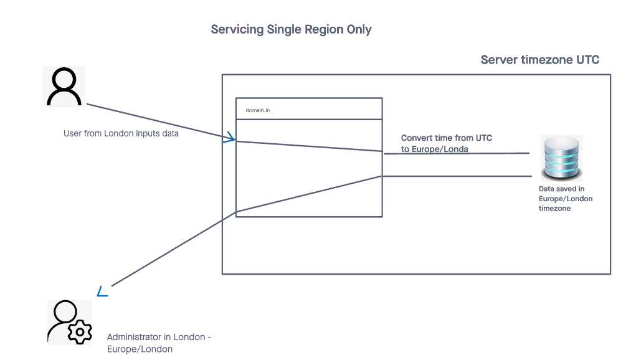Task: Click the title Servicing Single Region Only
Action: pos(291,29)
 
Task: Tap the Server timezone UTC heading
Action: pos(539,60)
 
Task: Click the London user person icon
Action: pos(64,87)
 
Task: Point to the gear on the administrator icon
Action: pos(80,333)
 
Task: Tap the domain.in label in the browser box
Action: pos(258,110)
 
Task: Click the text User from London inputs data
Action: pos(121,133)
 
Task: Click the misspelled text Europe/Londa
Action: pos(440,149)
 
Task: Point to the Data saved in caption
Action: pos(561,188)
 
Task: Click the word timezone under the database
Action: pos(554,209)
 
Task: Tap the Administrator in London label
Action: pos(159,337)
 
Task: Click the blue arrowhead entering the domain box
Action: pos(229,138)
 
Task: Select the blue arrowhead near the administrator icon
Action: pos(103,291)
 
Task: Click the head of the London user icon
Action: pos(64,79)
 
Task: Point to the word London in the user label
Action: pos(118,133)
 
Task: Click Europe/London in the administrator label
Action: pos(140,349)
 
